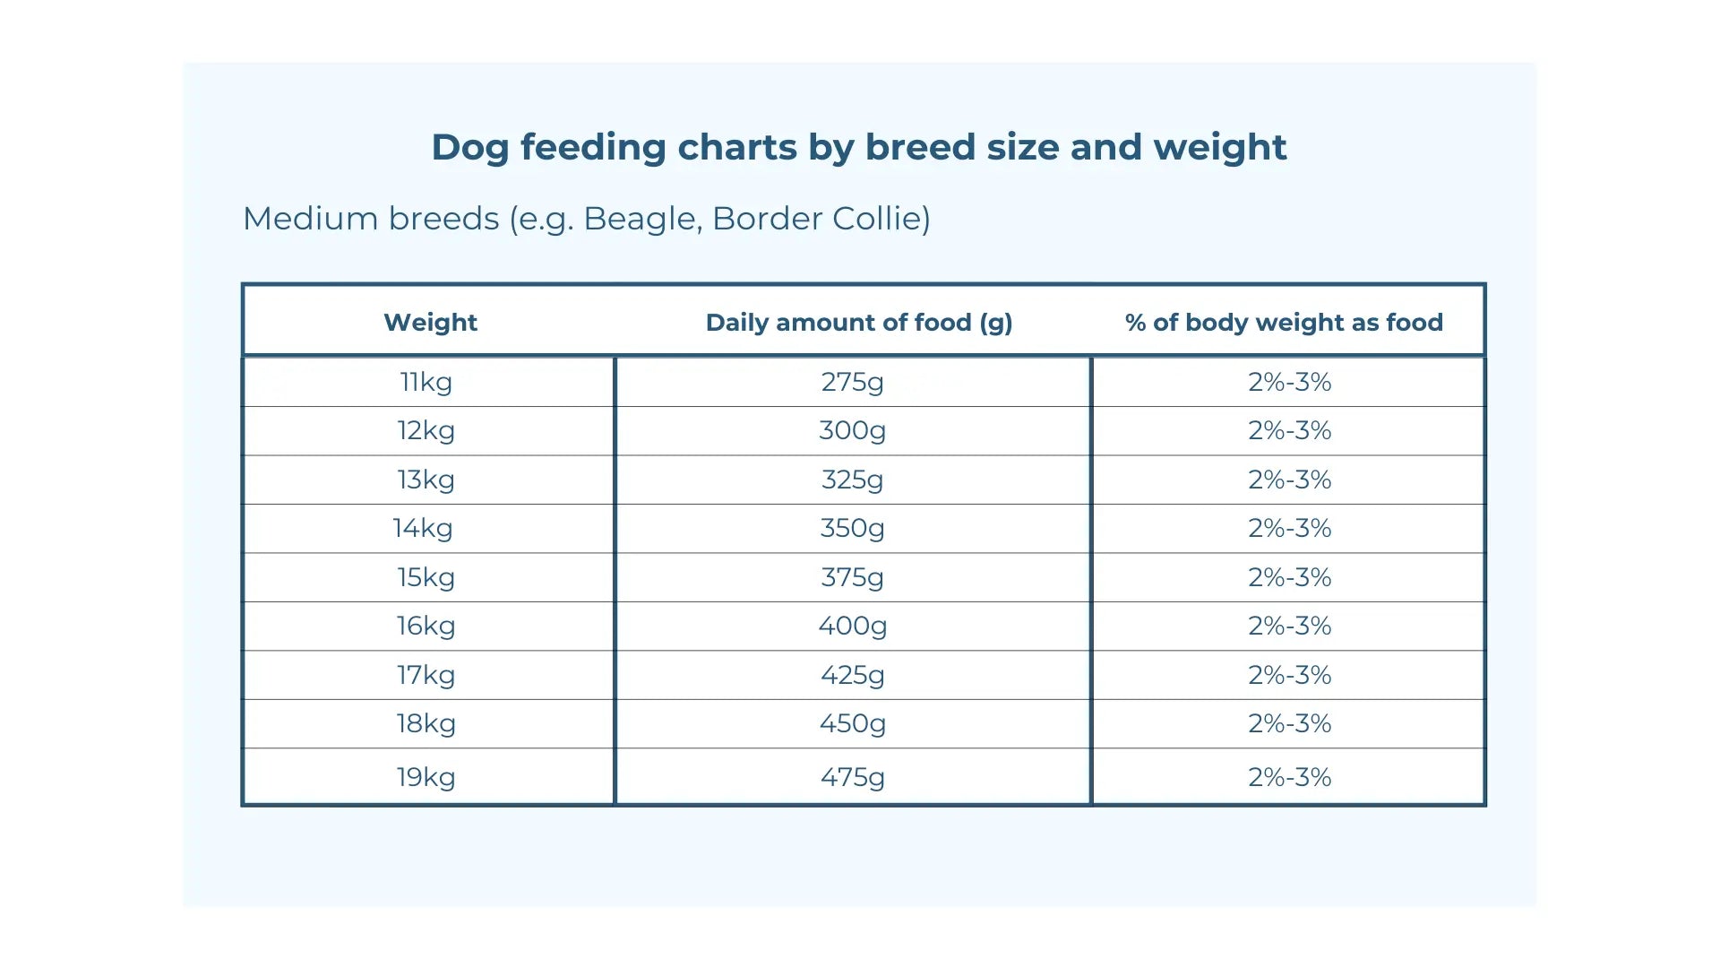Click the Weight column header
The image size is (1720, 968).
pos(430,323)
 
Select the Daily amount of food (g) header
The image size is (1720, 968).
pos(858,323)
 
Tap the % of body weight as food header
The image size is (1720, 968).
pos(1284,323)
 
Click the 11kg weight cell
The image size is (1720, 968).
pos(426,382)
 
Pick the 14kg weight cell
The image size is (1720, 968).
pos(423,528)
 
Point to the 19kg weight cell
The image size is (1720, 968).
pos(426,777)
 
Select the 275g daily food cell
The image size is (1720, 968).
pos(852,382)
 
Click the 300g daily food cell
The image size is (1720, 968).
pos(852,430)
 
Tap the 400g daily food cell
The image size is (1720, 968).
pos(852,626)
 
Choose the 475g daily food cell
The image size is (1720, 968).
pos(852,777)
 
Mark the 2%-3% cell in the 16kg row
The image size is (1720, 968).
pos(1289,626)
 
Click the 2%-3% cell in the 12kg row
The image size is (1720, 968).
pos(1289,430)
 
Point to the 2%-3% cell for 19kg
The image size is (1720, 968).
pos(1289,777)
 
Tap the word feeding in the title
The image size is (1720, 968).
pos(593,147)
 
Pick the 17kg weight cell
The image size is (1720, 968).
pos(426,675)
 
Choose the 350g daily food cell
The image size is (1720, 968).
pos(852,528)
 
